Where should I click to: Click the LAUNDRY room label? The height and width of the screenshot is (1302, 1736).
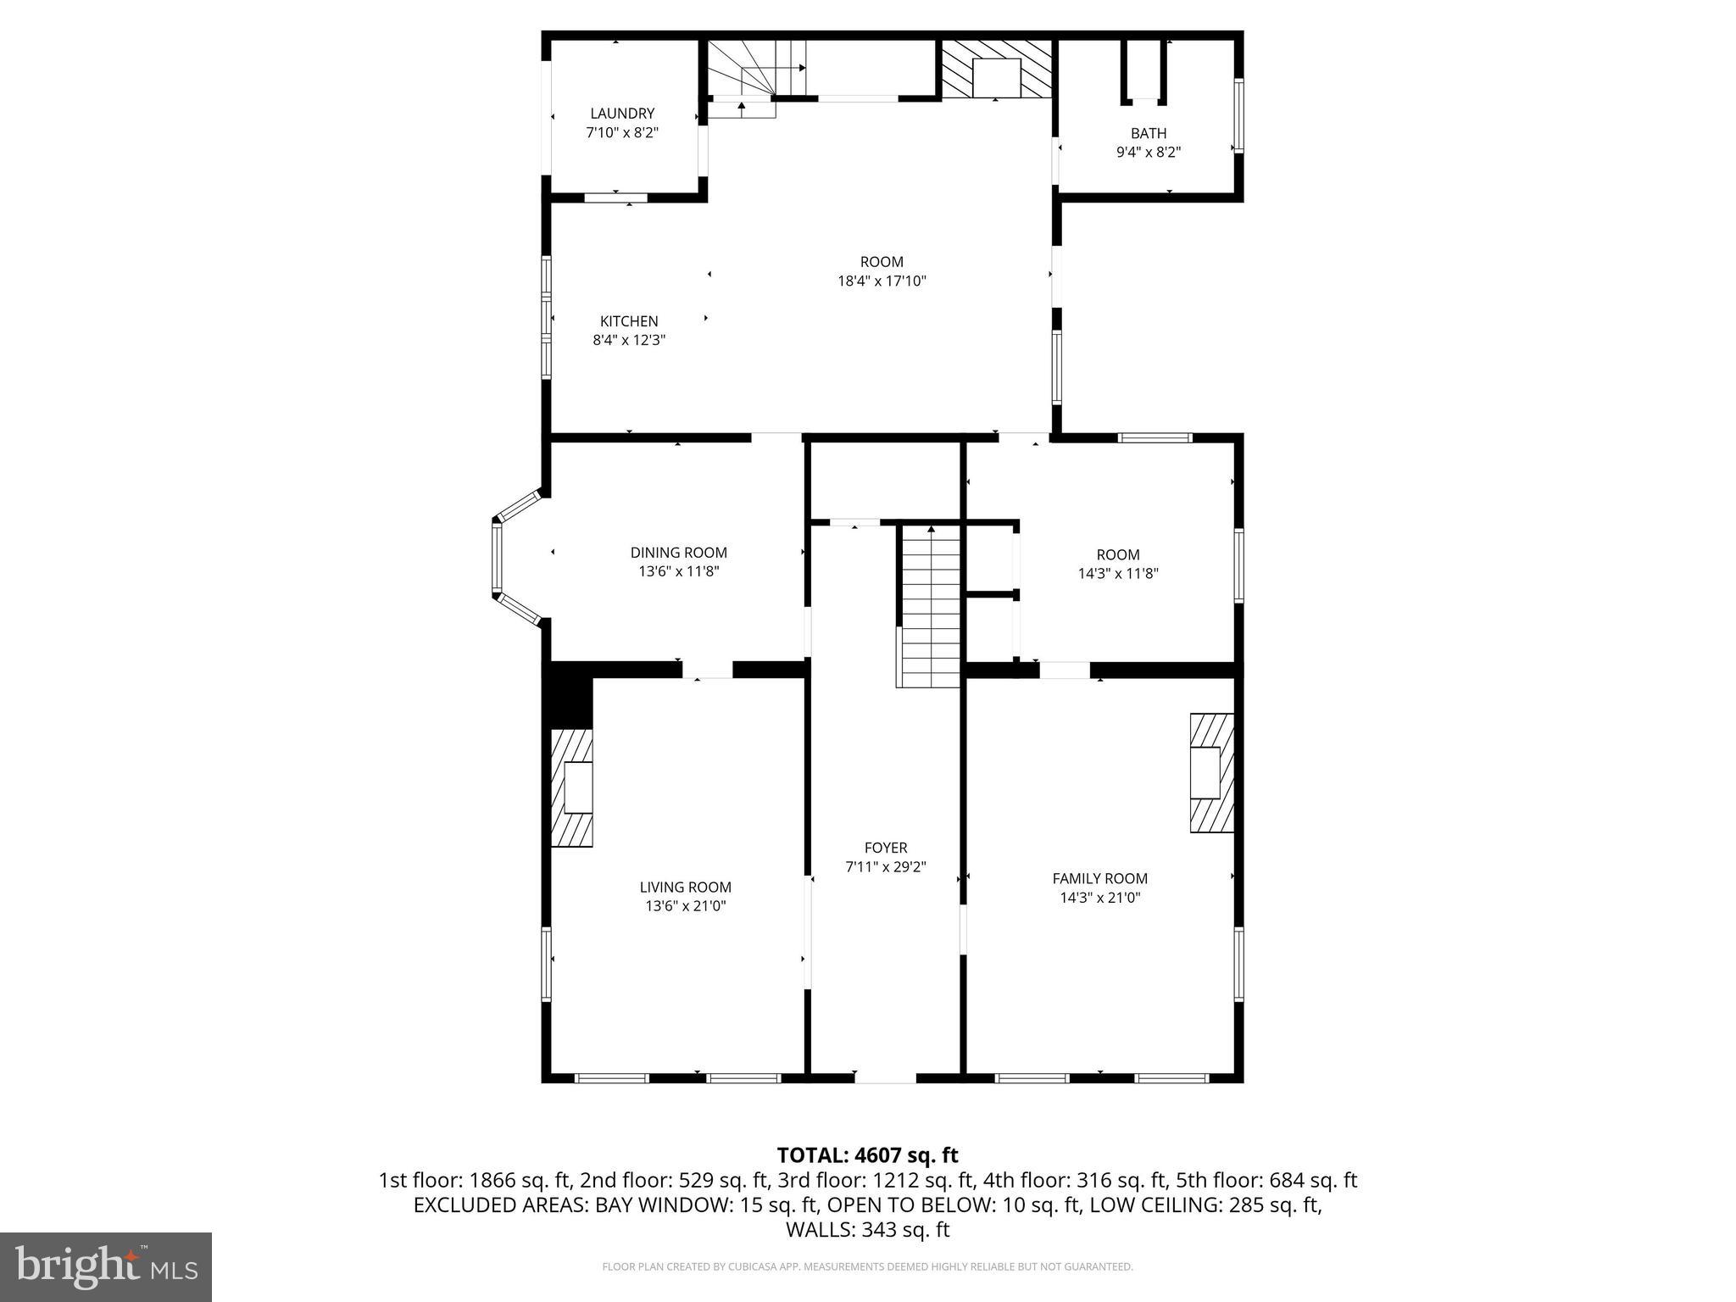(x=622, y=114)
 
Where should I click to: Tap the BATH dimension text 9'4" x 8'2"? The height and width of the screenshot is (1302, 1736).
(x=1148, y=153)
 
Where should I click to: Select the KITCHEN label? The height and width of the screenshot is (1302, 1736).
(x=629, y=321)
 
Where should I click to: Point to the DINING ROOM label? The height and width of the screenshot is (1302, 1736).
(x=678, y=553)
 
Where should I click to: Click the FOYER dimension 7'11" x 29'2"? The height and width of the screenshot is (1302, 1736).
(x=885, y=867)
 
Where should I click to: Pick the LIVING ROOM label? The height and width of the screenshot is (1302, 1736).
(x=685, y=887)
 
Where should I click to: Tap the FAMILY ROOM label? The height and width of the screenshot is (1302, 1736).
(x=1099, y=879)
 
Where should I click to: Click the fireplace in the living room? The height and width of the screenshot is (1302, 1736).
(x=572, y=788)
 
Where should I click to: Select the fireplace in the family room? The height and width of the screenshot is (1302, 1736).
(x=1211, y=773)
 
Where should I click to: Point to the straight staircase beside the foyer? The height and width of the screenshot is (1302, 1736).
(x=930, y=606)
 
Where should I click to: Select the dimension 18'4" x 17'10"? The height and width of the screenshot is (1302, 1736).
(x=882, y=281)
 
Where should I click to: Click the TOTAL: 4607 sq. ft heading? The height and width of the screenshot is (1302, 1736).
(x=867, y=1155)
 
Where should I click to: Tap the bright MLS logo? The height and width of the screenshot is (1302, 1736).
(x=106, y=1266)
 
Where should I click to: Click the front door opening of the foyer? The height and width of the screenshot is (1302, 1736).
(x=885, y=1078)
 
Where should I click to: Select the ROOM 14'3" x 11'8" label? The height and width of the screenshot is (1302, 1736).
(x=1117, y=564)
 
